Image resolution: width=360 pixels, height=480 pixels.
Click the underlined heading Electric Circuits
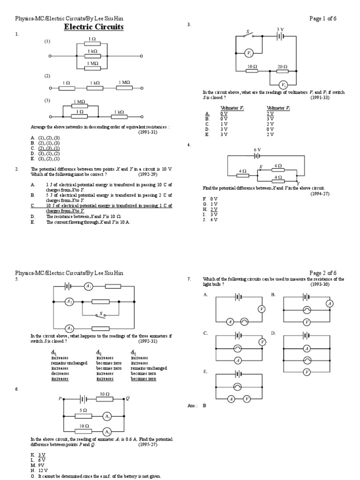tap(94, 27)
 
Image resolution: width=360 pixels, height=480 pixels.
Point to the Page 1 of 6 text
tap(323, 18)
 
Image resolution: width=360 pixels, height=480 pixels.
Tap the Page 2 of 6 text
tap(323, 273)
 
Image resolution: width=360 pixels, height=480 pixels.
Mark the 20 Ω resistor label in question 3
tap(282, 67)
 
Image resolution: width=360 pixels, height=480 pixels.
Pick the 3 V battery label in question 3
tap(280, 29)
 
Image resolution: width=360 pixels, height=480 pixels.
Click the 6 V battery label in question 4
tap(257, 150)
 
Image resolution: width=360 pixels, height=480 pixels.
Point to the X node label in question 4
tap(261, 166)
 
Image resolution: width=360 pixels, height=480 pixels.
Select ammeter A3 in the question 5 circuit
tap(69, 328)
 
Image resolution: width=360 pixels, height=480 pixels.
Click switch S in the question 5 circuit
tap(100, 313)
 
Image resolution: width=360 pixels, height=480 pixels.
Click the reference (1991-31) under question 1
tap(147, 132)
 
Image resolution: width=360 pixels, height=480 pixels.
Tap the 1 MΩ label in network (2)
tap(124, 82)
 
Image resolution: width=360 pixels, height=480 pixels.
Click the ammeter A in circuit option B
tap(330, 304)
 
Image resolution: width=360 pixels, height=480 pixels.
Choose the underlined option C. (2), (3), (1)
tap(45, 148)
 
